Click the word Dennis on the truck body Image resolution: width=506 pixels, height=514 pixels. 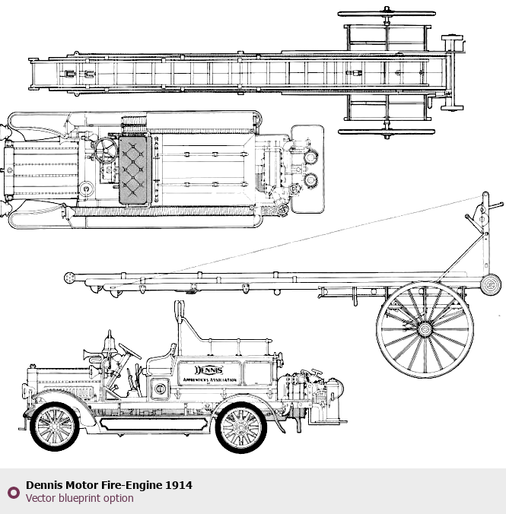208,370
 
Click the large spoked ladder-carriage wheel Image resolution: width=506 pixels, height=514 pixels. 425,329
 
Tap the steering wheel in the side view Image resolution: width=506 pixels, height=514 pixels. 130,351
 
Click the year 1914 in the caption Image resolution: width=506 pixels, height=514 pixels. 180,484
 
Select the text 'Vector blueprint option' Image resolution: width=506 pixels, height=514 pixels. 79,499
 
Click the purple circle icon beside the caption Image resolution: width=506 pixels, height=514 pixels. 13,492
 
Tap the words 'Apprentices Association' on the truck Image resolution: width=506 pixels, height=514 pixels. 208,379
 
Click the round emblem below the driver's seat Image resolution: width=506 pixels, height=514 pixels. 161,388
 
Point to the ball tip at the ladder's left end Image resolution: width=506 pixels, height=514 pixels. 69,278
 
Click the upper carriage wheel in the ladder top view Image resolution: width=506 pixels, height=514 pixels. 387,14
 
